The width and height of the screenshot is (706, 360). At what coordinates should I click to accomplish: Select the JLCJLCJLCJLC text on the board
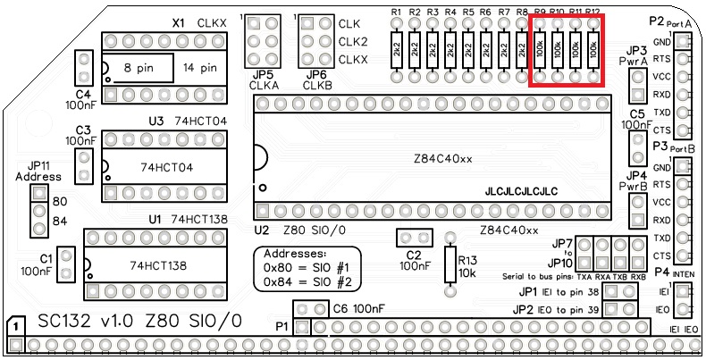[x=521, y=191]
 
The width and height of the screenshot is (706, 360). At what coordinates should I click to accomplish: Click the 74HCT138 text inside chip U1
[x=157, y=265]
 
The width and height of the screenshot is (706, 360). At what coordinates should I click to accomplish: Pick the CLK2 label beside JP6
[x=353, y=41]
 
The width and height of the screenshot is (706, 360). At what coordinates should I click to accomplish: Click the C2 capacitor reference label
[x=412, y=255]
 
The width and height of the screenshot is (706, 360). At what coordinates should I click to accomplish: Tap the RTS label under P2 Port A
[x=662, y=60]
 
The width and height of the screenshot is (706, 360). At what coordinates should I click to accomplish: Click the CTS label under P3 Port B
[x=662, y=256]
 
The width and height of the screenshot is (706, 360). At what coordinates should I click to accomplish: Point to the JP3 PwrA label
[x=638, y=54]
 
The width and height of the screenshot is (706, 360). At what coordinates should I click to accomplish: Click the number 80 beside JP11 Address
[x=61, y=201]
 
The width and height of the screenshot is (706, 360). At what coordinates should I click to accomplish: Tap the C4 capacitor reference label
[x=83, y=93]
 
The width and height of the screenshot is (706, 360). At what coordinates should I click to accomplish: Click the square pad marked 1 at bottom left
[x=15, y=328]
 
